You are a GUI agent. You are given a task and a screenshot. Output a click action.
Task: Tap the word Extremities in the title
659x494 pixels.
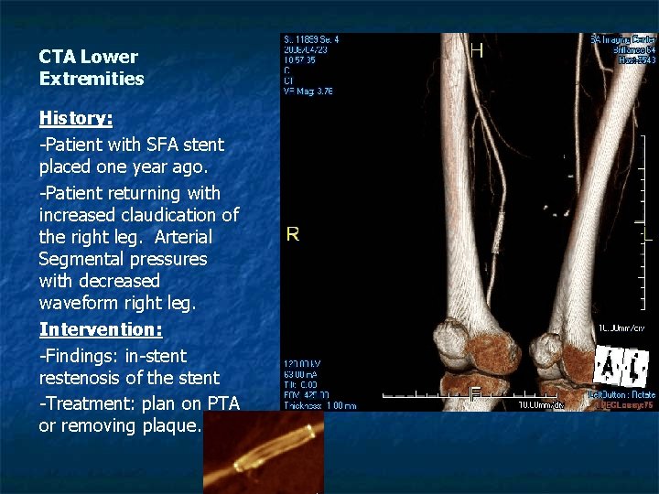click(92, 79)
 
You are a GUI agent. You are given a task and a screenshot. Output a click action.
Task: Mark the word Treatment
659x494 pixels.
click(90, 401)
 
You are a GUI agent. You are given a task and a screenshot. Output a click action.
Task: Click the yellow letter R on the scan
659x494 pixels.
click(292, 234)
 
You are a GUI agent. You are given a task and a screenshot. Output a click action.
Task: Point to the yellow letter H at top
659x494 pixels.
click(477, 50)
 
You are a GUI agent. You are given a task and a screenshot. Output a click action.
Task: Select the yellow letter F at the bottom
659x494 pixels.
click(475, 395)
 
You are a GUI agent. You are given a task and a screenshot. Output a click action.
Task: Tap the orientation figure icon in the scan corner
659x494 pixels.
click(621, 368)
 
